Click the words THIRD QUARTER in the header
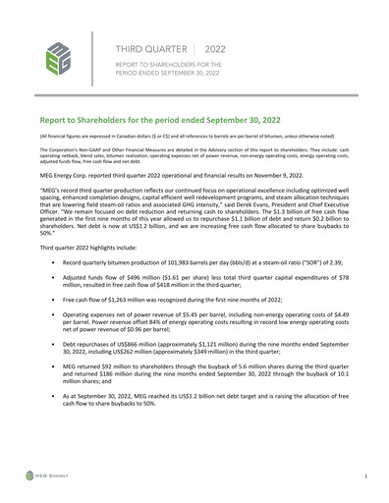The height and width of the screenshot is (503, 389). (x=147, y=48)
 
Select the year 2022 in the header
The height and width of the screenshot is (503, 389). (x=215, y=48)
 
